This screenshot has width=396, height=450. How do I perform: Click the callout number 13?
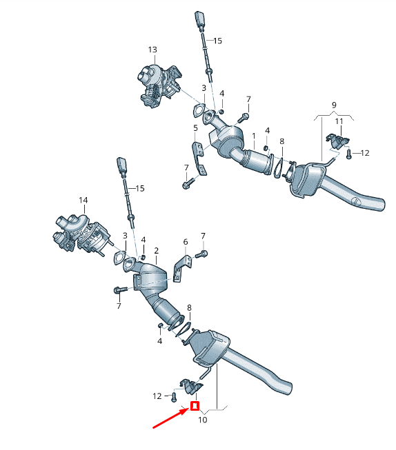(152, 50)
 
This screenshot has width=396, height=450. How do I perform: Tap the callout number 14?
(83, 201)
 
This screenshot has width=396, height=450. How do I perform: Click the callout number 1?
(254, 136)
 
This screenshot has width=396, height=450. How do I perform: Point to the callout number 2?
(157, 250)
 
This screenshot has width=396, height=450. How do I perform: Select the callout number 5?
(195, 128)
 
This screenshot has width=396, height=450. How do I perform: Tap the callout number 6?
(186, 242)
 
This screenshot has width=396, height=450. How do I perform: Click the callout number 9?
(334, 105)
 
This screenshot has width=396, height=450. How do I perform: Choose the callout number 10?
(202, 420)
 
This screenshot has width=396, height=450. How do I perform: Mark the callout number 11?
(339, 122)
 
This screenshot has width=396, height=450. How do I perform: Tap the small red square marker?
(195, 406)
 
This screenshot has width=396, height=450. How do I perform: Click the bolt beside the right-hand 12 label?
(349, 154)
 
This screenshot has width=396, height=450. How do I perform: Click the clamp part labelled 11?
(337, 141)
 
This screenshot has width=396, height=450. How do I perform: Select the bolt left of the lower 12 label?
(174, 396)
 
